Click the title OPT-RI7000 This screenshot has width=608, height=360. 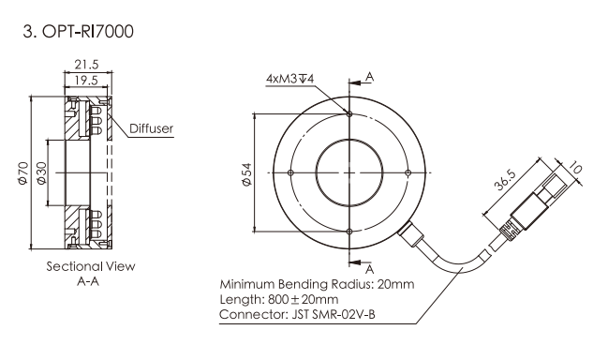point(88,32)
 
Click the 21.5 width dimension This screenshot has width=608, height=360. point(87,64)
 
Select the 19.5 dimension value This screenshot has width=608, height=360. point(86,81)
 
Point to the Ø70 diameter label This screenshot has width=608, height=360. point(23,172)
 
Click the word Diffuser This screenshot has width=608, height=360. point(151,128)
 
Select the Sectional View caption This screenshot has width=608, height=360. point(91,266)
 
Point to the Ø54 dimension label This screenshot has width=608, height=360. point(247,174)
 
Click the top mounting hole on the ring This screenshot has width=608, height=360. point(349,114)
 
